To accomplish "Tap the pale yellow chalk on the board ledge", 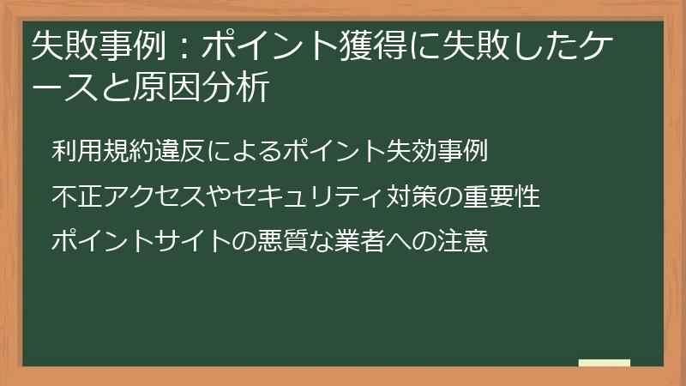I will (x=605, y=363).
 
